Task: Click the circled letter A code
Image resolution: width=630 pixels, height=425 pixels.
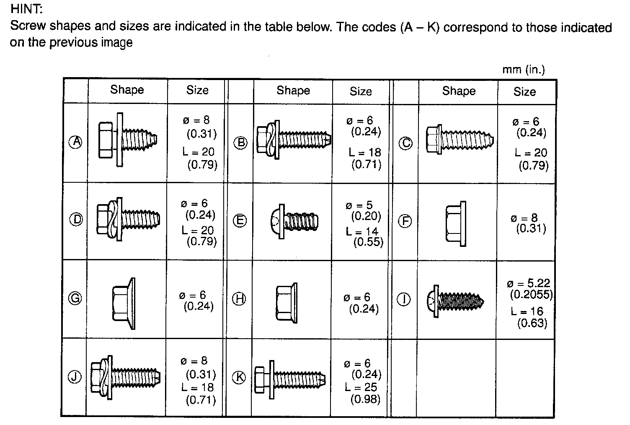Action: (x=76, y=142)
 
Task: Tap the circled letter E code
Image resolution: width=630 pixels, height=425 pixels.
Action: (x=240, y=220)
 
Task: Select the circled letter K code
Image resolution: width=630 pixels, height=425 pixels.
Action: (x=240, y=377)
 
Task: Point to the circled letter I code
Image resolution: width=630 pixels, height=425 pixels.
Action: (x=403, y=299)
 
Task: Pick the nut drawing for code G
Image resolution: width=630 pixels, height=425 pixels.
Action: (x=124, y=303)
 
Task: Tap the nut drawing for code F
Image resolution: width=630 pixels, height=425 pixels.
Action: (x=456, y=223)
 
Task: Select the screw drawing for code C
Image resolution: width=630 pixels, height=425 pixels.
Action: (x=459, y=139)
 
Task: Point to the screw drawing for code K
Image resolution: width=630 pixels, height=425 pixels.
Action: (x=290, y=379)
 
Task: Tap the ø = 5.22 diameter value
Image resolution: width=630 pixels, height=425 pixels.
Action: (x=528, y=283)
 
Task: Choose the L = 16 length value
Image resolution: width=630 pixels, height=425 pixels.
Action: (x=527, y=311)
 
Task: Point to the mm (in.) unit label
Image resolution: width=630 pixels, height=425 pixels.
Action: (x=524, y=70)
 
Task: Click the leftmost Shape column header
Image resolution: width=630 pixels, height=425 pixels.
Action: (x=127, y=90)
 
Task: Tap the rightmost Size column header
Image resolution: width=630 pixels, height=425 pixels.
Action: (x=525, y=91)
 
